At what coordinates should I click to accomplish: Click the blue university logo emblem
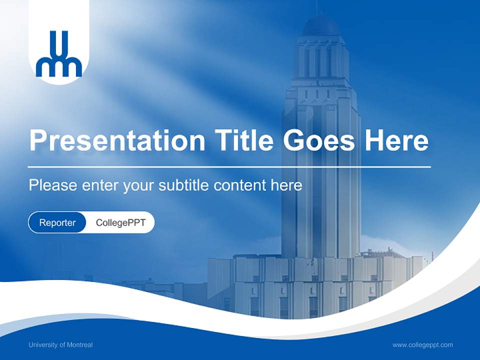pyautogui.click(x=59, y=54)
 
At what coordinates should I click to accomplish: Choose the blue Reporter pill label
pyautogui.click(x=57, y=223)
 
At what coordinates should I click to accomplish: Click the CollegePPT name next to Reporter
pyautogui.click(x=120, y=223)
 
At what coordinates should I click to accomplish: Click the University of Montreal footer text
pyautogui.click(x=60, y=344)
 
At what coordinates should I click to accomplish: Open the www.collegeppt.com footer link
pyautogui.click(x=422, y=344)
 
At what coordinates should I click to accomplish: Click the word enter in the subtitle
pyautogui.click(x=99, y=185)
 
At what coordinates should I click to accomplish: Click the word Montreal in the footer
pyautogui.click(x=80, y=344)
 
